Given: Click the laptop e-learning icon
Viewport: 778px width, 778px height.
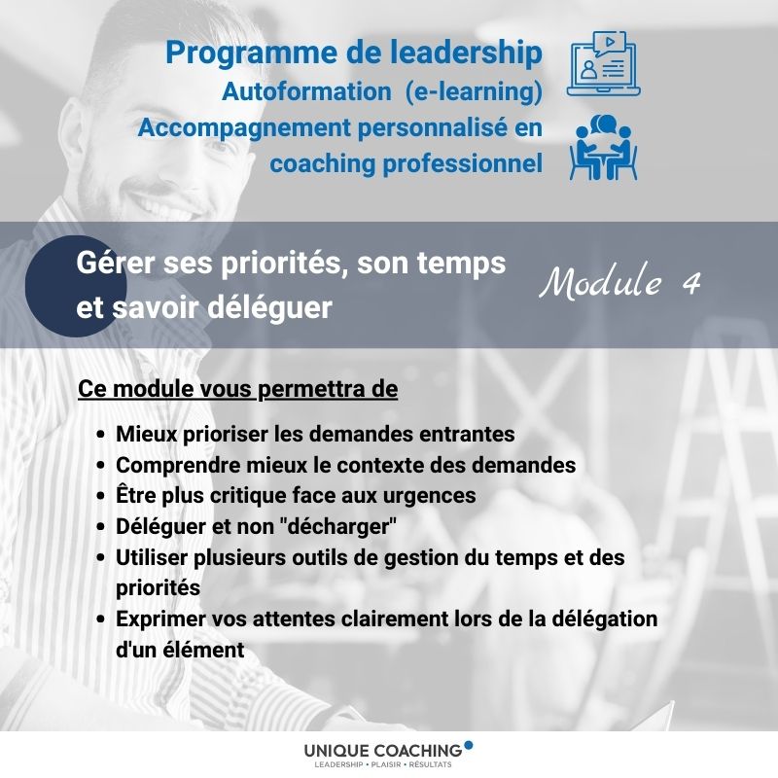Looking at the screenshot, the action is click(603, 63).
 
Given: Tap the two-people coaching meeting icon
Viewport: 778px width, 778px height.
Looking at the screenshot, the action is click(603, 148).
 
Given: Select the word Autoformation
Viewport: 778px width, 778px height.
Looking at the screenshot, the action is click(306, 91).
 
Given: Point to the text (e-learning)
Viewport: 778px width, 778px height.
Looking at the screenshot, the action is click(474, 91).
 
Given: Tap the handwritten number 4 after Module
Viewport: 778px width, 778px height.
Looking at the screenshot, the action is click(690, 283).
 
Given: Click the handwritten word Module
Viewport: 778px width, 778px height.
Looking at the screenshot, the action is click(600, 281).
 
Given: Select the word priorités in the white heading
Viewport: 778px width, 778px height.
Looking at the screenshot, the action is click(281, 264).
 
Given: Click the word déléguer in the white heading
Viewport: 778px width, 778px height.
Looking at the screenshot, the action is click(269, 308).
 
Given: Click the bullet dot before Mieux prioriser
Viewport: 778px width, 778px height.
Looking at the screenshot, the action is click(101, 435).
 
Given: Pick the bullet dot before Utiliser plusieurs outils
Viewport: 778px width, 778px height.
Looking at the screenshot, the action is click(101, 558).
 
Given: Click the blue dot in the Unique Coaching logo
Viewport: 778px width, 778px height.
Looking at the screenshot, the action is click(469, 745).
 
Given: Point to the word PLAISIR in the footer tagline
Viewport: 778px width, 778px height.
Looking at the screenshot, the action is click(385, 764).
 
